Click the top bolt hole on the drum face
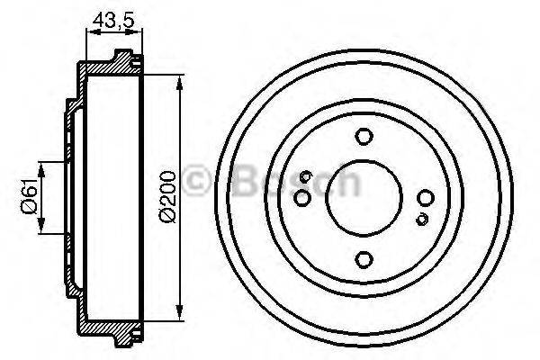(364, 137)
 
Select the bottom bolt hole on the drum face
(364, 259)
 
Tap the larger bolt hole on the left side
(303, 197)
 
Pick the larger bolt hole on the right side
(425, 198)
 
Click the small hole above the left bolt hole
(307, 176)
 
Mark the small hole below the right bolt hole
(421, 219)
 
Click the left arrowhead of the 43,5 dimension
(88, 32)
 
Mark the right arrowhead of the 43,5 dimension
(140, 32)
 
